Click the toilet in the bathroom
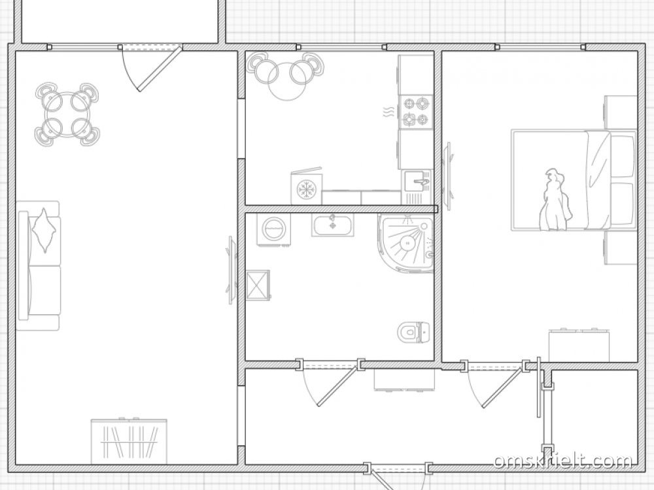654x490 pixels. tap(415, 332)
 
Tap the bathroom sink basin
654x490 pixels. tap(332, 225)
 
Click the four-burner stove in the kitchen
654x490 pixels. tap(416, 111)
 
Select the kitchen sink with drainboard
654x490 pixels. tap(417, 187)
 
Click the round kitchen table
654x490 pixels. tap(284, 81)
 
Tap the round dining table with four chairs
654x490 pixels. tap(67, 114)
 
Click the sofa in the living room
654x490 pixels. tap(38, 266)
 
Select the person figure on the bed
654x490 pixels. tap(555, 200)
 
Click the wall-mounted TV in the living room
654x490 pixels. tap(232, 270)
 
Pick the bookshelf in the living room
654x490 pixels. tap(129, 441)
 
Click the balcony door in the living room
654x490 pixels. tap(160, 69)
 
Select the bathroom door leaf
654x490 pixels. tap(338, 385)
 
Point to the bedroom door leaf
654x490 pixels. tap(504, 386)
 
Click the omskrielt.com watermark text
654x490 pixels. tap(563, 461)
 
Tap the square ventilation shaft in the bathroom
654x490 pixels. tap(258, 285)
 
